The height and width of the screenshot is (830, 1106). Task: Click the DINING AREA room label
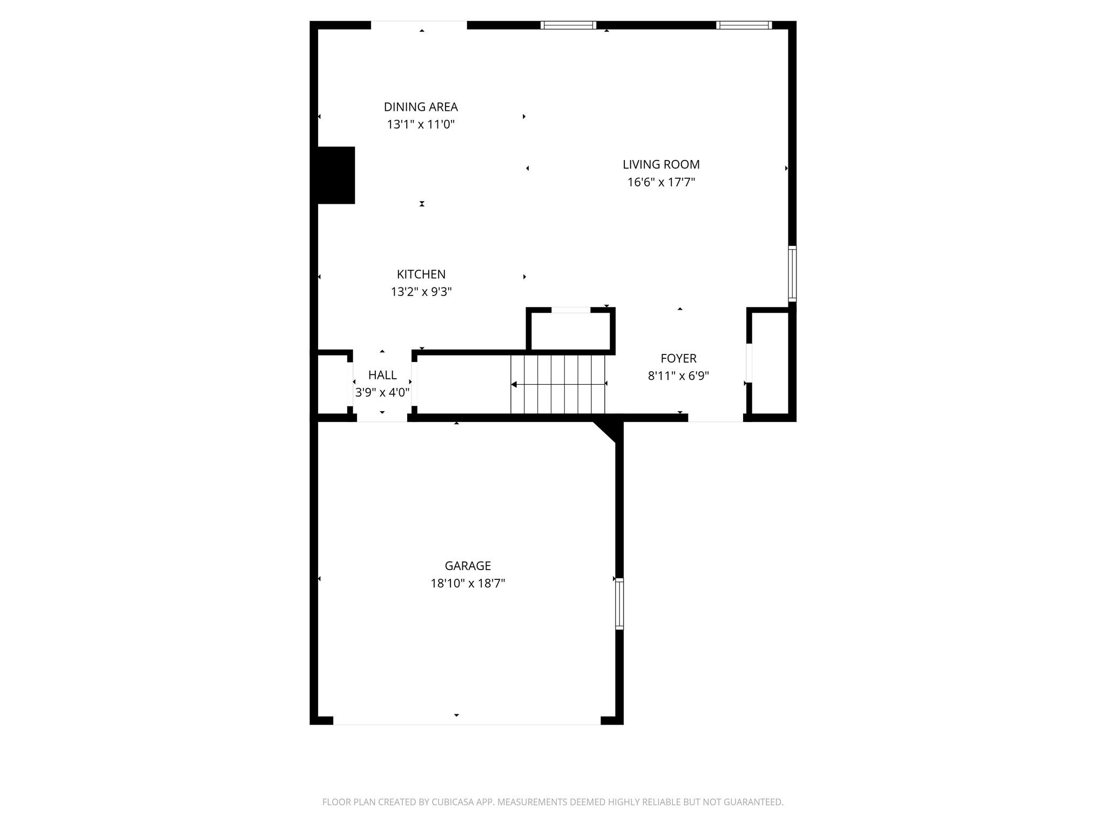pos(421,107)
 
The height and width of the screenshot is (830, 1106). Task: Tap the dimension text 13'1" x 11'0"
pos(421,124)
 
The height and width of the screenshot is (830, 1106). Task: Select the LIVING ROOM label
pos(661,164)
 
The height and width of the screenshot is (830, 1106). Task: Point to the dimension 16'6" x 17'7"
pos(661,182)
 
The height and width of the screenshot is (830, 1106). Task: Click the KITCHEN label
pos(421,274)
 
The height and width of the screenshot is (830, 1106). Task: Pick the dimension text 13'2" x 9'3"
pos(421,292)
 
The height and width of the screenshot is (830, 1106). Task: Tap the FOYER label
pos(678,358)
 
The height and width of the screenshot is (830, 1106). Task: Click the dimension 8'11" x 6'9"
pos(678,376)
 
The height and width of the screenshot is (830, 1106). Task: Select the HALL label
pos(382,375)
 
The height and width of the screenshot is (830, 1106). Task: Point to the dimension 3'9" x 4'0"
pos(382,392)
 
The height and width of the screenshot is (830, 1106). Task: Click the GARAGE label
pos(468,566)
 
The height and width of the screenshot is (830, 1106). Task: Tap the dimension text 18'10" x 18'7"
pos(468,584)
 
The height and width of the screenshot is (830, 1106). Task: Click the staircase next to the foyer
pos(558,384)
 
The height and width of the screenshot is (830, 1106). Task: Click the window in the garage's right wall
pos(619,604)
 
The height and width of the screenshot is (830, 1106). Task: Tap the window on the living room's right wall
pos(792,273)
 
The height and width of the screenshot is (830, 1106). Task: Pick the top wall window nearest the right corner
pos(744,25)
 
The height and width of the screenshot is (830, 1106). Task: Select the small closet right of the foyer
pos(771,363)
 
